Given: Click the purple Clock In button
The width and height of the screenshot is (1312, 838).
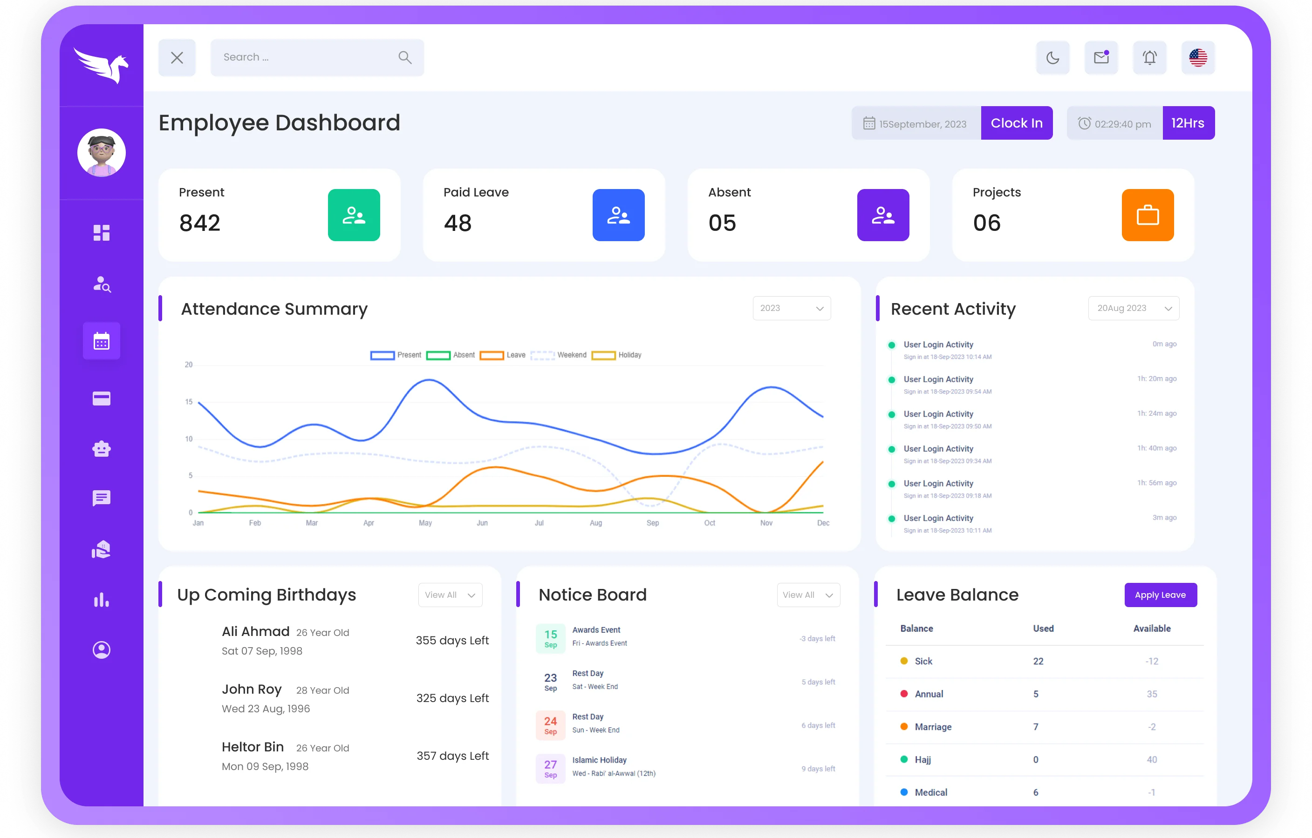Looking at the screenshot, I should click(1016, 123).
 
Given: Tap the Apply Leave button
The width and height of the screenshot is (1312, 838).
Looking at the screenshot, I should click(1160, 595).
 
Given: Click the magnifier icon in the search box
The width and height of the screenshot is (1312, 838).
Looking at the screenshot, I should click(405, 57).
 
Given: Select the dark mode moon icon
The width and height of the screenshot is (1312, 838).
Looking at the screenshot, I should click(1052, 58).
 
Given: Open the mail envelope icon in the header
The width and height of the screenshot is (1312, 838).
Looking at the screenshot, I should click(1101, 58).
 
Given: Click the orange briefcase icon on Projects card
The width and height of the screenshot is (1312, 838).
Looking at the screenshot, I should click(1148, 215).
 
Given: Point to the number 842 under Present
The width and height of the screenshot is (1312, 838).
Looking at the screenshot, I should click(200, 223).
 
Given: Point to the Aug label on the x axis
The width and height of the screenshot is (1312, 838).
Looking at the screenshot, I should click(595, 523).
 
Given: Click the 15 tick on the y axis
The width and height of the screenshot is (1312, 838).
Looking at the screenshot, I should click(189, 402).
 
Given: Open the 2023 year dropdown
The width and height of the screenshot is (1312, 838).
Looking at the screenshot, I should click(791, 308).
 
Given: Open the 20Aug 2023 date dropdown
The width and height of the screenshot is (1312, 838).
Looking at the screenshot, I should click(1133, 308).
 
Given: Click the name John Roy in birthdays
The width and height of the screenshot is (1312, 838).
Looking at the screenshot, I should click(252, 689).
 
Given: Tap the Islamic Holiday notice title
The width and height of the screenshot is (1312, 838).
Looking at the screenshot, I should click(599, 760).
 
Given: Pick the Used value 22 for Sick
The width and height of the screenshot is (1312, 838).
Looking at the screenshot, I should click(1038, 661).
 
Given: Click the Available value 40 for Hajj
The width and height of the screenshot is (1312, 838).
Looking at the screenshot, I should click(1151, 760).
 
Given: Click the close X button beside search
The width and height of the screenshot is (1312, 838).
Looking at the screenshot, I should click(177, 58).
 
